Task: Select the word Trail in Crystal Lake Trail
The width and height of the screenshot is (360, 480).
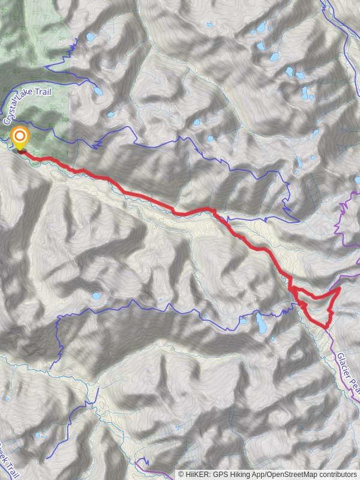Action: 47,92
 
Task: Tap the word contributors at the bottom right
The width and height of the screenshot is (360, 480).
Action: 337,474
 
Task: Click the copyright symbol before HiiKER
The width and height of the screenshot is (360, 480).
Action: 181,474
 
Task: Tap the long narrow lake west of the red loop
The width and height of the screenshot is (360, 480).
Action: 262,324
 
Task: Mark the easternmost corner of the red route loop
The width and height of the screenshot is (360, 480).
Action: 340,289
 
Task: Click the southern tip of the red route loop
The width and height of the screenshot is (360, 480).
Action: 326,328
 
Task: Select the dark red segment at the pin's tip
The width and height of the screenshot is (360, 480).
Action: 22,152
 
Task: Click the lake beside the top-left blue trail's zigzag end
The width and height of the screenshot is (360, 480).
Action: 91,37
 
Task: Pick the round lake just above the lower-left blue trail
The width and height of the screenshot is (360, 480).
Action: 96,296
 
